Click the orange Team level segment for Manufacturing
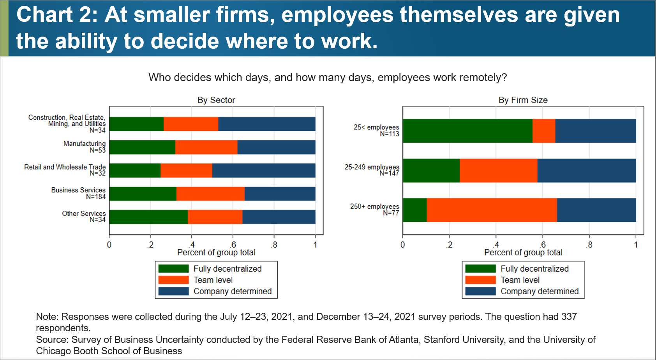pyautogui.click(x=206, y=147)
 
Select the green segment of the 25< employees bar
pyautogui.click(x=467, y=131)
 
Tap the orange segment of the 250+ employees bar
pyautogui.click(x=492, y=210)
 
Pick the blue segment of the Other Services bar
pyautogui.click(x=279, y=217)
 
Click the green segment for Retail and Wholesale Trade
pyautogui.click(x=135, y=171)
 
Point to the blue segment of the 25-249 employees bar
pyautogui.click(x=586, y=171)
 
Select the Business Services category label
pyautogui.click(x=78, y=190)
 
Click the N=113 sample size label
pyautogui.click(x=389, y=134)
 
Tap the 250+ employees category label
pyautogui.click(x=374, y=206)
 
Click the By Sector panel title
pyautogui.click(x=216, y=100)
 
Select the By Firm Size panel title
pyautogui.click(x=523, y=100)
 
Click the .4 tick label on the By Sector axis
pyautogui.click(x=191, y=245)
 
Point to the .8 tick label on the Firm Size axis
pyautogui.click(x=589, y=245)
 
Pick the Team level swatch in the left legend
pyautogui.click(x=174, y=280)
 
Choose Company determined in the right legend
pyautogui.click(x=539, y=291)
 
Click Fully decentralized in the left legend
pyautogui.click(x=227, y=269)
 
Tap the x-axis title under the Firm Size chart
pyautogui.click(x=523, y=252)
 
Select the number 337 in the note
pyautogui.click(x=569, y=317)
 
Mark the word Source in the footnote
pyautogui.click(x=51, y=340)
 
